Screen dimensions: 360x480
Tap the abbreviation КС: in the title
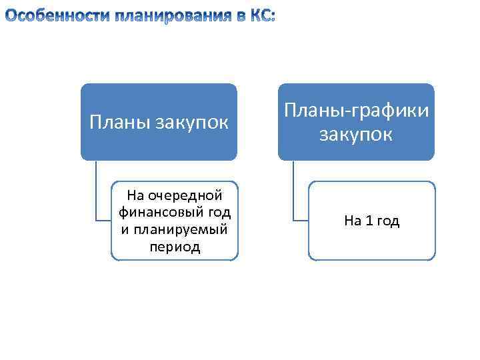click(261, 17)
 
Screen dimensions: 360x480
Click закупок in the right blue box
click(356, 135)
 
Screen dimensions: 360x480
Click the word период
click(175, 247)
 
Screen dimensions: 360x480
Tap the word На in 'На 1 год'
click(352, 221)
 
